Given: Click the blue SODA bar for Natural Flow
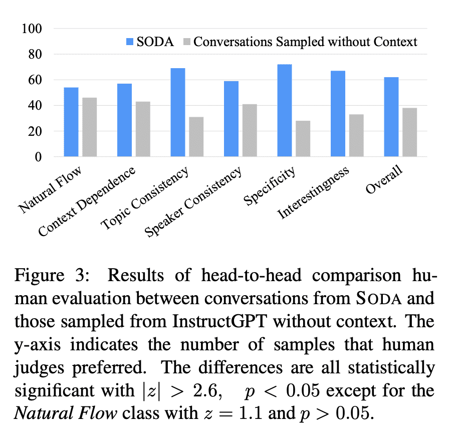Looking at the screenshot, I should tap(71, 122).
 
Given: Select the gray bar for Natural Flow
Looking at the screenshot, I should tap(89, 127).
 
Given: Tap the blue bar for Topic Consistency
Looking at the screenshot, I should tap(177, 113).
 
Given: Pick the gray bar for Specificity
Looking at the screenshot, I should tap(302, 139).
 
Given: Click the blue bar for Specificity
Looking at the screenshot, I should tap(284, 111).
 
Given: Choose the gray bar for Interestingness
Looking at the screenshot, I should tap(356, 136).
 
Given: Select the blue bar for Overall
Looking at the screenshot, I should tap(391, 117).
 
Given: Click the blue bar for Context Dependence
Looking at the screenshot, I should tap(124, 120).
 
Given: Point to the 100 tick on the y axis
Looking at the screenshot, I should tap(32, 28).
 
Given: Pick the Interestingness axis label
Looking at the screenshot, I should tap(314, 192).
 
